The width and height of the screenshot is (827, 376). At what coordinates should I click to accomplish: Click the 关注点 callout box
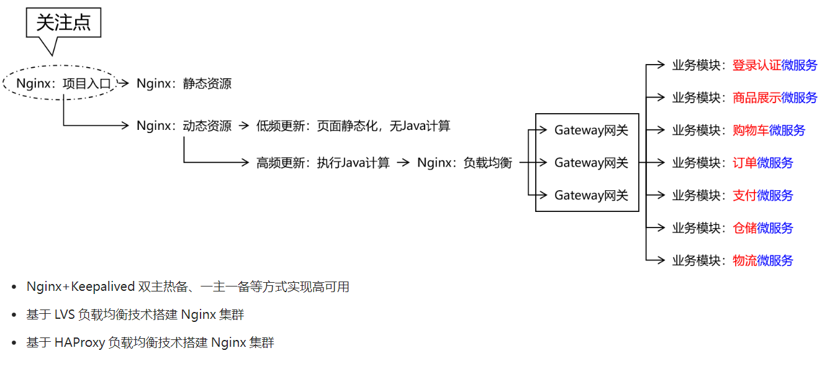point(63,23)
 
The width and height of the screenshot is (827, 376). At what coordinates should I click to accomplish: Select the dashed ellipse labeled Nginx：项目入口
point(60,83)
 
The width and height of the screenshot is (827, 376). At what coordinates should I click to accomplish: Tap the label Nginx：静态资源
point(184,83)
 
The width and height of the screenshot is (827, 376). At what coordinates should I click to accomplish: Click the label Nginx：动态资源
point(184,126)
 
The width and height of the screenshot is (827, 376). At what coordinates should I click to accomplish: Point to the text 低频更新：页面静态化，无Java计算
point(353,126)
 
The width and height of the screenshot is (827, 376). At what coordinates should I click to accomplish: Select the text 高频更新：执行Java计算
point(323,163)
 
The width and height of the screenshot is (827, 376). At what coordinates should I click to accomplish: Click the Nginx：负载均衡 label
point(464,163)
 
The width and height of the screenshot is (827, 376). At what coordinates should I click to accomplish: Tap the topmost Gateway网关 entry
point(591,130)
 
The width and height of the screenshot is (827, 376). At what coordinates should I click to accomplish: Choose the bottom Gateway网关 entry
point(591,195)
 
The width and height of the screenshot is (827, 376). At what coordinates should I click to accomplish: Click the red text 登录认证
point(756,65)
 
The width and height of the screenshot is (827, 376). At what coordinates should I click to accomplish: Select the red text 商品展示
point(756,98)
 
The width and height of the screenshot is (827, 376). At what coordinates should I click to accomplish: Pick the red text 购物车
point(751,131)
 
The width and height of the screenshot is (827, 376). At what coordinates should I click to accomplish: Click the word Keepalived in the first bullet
point(103,287)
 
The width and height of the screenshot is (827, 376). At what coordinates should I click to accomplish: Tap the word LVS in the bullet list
point(66,314)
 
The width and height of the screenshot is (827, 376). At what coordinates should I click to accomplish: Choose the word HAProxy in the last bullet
point(79,342)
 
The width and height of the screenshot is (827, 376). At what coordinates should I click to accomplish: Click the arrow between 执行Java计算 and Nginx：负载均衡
point(404,163)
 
